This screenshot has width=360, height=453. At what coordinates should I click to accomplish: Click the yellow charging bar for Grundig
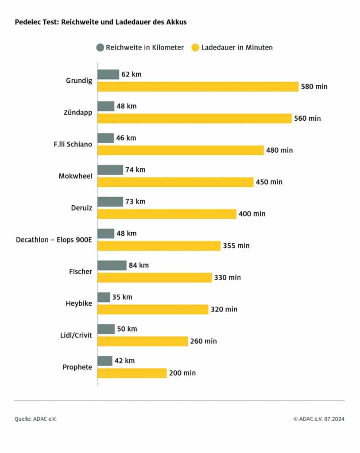(x=198, y=87)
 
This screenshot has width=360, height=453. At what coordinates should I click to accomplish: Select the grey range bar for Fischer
(x=112, y=265)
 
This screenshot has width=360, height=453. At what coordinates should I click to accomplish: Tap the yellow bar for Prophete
(x=132, y=373)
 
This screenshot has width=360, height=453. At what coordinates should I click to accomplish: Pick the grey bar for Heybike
(x=104, y=297)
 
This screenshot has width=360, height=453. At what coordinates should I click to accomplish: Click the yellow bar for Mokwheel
(x=175, y=182)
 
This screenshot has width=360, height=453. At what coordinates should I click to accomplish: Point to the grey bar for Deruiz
(x=110, y=202)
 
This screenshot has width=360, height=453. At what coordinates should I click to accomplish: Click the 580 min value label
(x=314, y=87)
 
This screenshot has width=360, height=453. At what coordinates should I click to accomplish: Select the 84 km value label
(x=139, y=265)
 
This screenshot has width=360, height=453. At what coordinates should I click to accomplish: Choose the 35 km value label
(x=122, y=297)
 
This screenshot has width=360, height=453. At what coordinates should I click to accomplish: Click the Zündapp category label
(x=78, y=112)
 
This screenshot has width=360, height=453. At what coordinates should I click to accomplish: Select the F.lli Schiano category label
(x=74, y=144)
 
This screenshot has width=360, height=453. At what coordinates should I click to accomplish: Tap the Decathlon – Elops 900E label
(x=54, y=240)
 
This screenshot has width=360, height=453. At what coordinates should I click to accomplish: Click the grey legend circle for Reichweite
(x=100, y=47)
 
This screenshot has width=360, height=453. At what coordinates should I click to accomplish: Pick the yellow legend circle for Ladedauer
(x=195, y=47)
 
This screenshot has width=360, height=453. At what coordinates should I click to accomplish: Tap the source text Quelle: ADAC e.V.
(x=35, y=419)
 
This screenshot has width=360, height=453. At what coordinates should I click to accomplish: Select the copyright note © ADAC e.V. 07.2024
(x=318, y=419)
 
